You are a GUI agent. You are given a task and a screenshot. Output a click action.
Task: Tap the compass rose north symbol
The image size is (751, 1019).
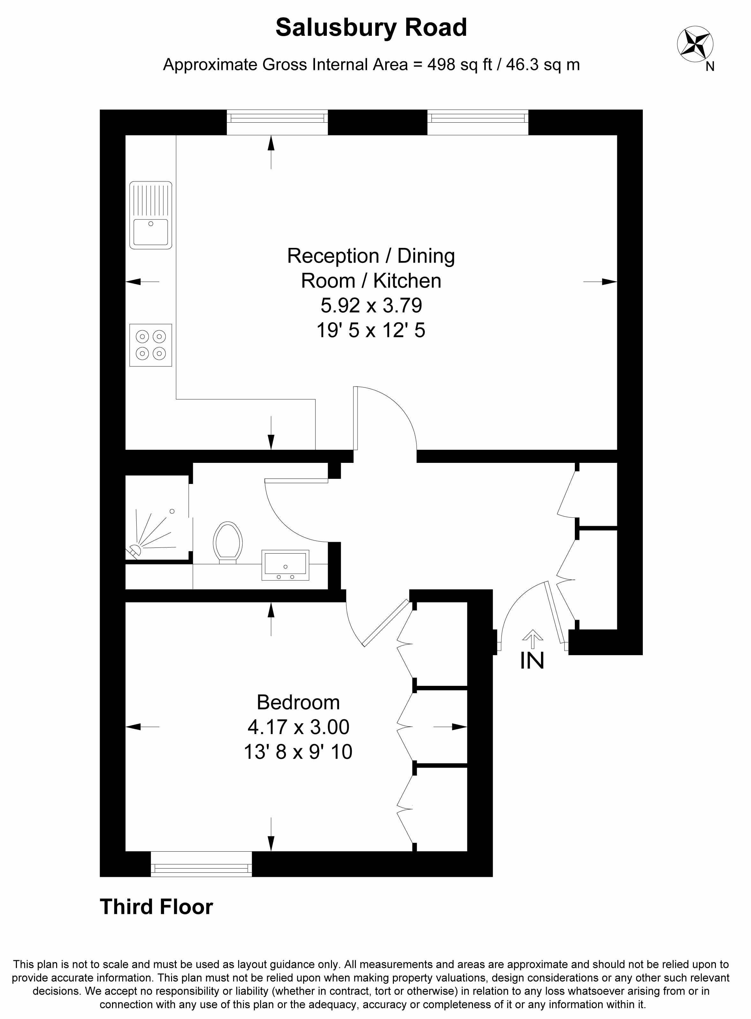pos(695,44)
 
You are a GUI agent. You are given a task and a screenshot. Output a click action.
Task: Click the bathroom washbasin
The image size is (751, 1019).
pos(285,565)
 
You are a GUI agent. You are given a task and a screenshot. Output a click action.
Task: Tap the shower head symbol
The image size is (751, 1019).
pos(135,550)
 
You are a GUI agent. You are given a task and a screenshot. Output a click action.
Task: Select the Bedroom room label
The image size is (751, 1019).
pos(298,702)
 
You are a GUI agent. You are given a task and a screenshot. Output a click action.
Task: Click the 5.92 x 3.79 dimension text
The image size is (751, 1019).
pos(372,305)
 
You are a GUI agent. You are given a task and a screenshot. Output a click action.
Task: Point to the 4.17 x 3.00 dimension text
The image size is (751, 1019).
pos(298,727)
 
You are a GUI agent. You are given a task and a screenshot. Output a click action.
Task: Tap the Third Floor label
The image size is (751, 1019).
pos(156,907)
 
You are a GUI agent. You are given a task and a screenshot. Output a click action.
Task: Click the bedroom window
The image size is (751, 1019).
pos(201,864)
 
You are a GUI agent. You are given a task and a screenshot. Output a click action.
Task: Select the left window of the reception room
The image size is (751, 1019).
pos(277,122)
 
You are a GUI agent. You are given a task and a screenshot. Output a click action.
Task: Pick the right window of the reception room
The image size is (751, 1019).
pos(478,122)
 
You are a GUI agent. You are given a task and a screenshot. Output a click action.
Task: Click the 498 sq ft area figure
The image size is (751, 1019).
pos(460,65)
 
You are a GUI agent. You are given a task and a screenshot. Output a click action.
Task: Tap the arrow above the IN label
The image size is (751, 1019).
pos(532,639)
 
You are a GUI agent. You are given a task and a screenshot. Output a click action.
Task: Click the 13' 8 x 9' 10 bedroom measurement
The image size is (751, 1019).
pos(298,752)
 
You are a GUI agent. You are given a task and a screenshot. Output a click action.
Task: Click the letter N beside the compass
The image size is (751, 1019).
pos(710,66)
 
